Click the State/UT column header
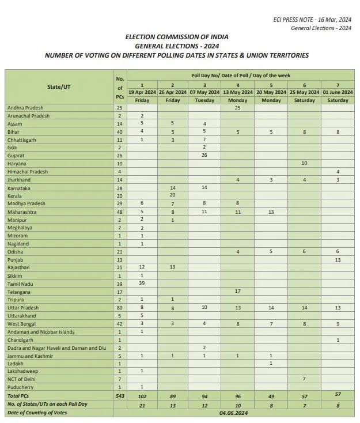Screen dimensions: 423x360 (59, 87)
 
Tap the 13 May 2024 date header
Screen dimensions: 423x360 (238, 92)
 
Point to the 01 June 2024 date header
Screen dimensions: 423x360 (338, 92)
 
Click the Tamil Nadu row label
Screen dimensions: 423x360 (20, 284)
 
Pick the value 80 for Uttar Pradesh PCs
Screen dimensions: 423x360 (120, 308)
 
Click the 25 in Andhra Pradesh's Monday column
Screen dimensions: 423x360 (238, 108)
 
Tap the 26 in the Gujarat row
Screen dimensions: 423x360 (204, 156)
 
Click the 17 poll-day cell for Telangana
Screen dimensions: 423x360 (238, 292)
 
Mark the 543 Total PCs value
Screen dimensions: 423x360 (120, 396)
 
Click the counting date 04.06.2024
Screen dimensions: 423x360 (237, 413)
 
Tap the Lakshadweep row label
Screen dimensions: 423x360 (22, 372)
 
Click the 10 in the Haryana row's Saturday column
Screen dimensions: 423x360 (304, 164)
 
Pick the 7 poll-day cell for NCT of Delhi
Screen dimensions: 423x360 (304, 380)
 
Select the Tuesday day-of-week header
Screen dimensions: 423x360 (204, 100)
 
